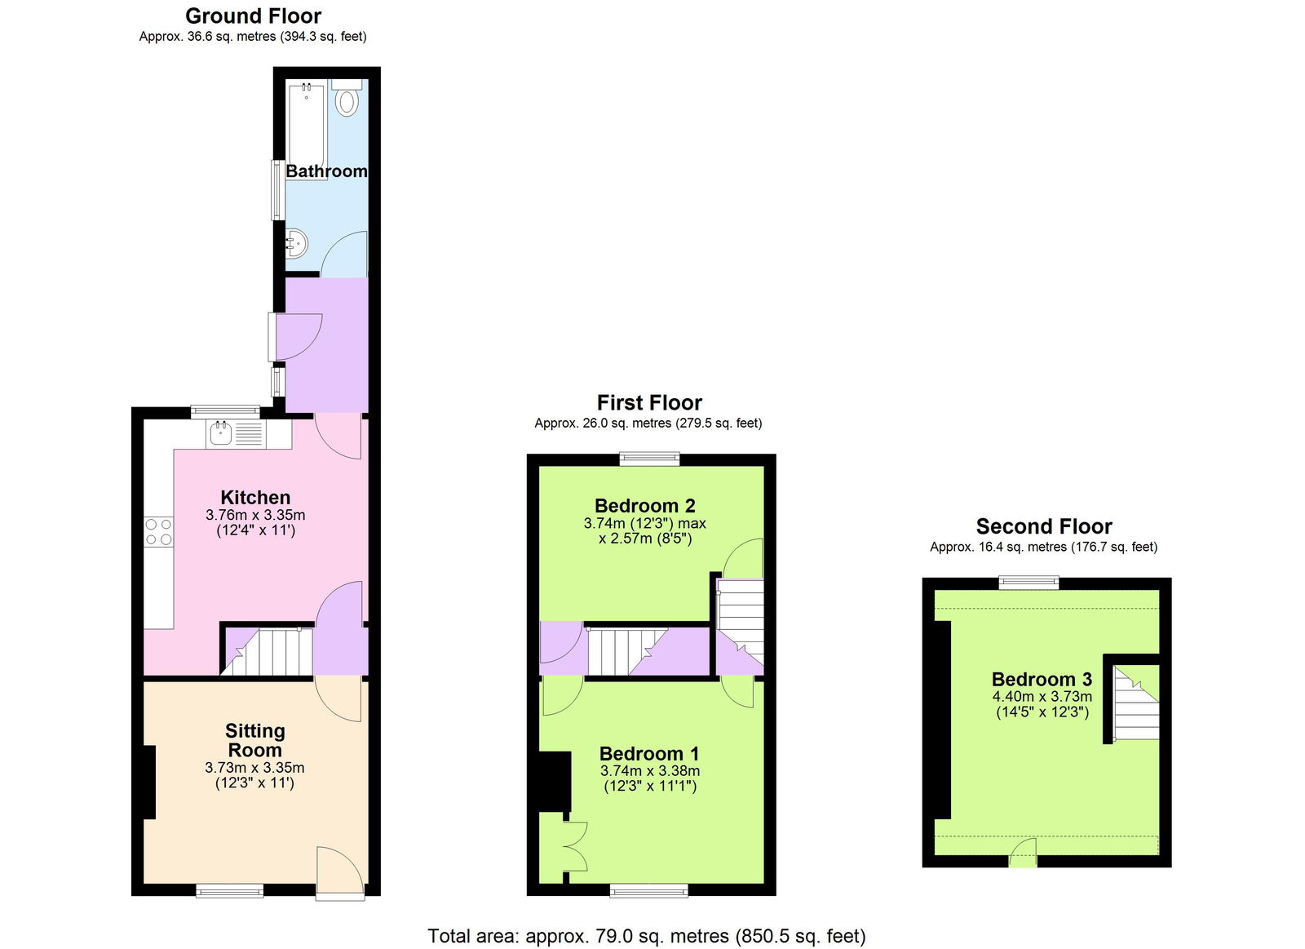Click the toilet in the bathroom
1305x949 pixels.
click(347, 100)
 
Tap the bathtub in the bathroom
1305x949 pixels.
click(306, 122)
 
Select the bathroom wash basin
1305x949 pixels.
click(296, 243)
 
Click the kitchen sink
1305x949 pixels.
click(221, 433)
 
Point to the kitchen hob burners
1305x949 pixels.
click(159, 531)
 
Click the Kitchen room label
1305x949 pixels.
click(255, 497)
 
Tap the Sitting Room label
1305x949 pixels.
click(255, 740)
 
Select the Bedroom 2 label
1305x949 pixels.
click(644, 505)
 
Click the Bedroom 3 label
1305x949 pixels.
click(1042, 679)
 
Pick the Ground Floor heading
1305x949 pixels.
click(253, 16)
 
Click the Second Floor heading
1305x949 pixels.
click(1044, 526)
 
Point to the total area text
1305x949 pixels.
click(647, 936)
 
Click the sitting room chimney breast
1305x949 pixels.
click(149, 782)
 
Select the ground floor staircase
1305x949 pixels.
click(267, 651)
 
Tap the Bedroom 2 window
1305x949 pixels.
click(649, 459)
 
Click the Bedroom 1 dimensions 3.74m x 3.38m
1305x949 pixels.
click(650, 770)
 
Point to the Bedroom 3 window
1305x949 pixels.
click(1029, 582)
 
